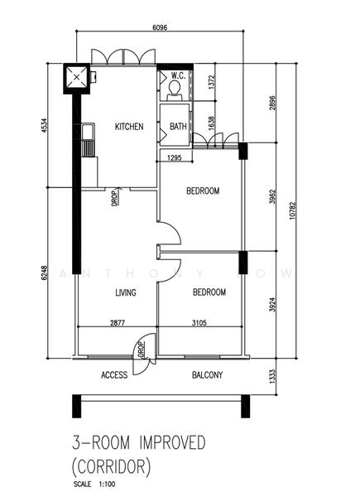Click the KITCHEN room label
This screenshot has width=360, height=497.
[x=129, y=127]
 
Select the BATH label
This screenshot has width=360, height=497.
[x=178, y=127]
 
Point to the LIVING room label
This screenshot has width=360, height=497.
[x=125, y=292]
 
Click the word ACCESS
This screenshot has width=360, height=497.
[x=114, y=375]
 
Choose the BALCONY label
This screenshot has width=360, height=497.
[x=207, y=375]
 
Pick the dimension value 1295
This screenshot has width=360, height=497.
[x=174, y=157]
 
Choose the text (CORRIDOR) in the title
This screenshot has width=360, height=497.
[x=113, y=466]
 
